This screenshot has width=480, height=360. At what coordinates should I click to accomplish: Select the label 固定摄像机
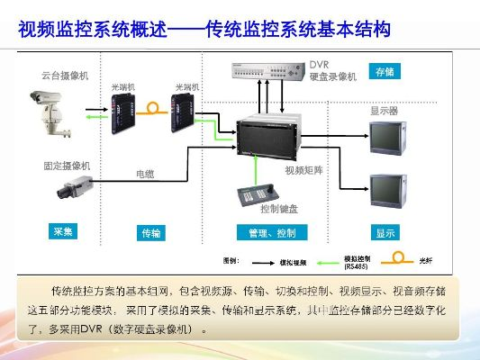click(x=67, y=166)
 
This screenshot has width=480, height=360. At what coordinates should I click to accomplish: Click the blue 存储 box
click(x=385, y=71)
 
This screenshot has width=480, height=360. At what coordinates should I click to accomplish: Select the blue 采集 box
click(x=62, y=231)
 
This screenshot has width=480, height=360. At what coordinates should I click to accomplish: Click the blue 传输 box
click(x=150, y=232)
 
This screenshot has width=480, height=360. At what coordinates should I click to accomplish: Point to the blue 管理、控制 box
click(x=272, y=232)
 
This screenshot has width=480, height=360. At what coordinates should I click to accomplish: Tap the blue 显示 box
click(x=385, y=232)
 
